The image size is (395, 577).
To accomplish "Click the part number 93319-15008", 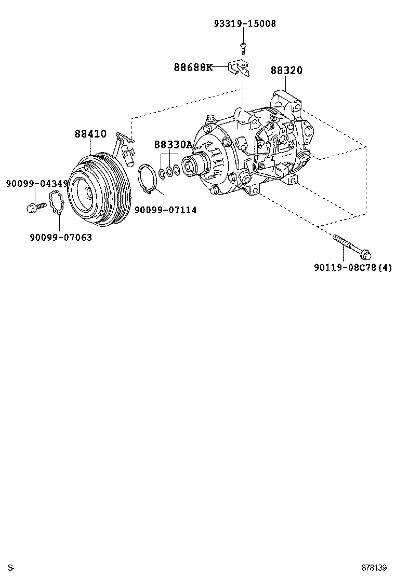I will [x=244, y=24].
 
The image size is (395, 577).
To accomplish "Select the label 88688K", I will [x=193, y=67].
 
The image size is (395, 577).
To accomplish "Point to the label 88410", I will [x=90, y=134].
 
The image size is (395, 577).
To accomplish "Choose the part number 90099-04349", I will [x=37, y=184].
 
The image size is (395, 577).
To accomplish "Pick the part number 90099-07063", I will [x=60, y=237].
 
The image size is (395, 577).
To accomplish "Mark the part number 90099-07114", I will [x=165, y=210].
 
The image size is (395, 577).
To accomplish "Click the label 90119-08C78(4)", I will [x=352, y=268].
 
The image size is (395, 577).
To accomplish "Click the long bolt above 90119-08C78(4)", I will [x=351, y=246].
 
